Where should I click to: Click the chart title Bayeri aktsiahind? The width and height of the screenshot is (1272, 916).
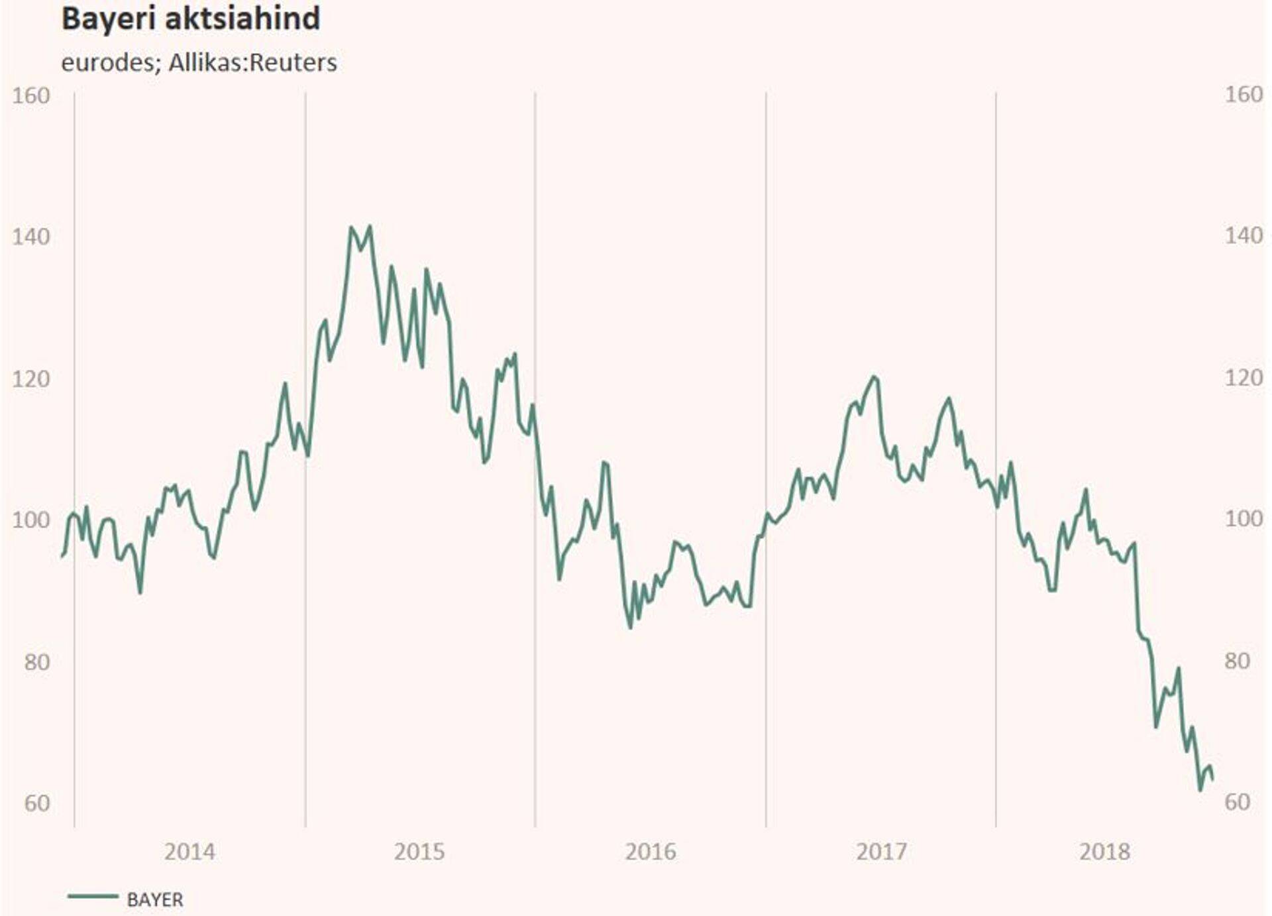tap(191, 19)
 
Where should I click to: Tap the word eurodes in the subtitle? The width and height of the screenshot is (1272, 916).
tap(107, 62)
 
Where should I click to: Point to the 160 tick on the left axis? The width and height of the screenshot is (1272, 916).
tap(30, 95)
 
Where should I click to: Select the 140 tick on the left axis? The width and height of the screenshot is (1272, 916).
tap(30, 237)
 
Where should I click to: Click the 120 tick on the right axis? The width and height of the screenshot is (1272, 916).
tap(1243, 378)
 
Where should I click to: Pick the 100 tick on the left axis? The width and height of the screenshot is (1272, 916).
tap(30, 520)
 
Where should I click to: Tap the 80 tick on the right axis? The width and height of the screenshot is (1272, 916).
tap(1236, 661)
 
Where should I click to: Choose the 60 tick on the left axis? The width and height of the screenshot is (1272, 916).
tap(37, 803)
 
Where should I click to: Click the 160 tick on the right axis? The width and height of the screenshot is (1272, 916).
tap(1243, 95)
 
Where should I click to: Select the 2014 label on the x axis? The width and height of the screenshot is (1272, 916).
tap(189, 852)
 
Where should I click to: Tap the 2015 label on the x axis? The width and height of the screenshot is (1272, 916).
tap(419, 852)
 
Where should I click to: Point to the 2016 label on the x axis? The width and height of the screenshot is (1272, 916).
tap(650, 852)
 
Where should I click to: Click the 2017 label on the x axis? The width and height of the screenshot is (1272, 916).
tap(880, 852)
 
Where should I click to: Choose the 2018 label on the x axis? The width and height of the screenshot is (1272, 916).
tap(1104, 852)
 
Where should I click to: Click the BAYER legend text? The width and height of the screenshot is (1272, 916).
tap(155, 899)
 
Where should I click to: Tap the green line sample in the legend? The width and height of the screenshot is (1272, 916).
tap(93, 897)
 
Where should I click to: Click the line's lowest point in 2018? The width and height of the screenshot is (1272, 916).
tap(1200, 790)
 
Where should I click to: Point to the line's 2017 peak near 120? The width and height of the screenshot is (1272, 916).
tap(874, 377)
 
